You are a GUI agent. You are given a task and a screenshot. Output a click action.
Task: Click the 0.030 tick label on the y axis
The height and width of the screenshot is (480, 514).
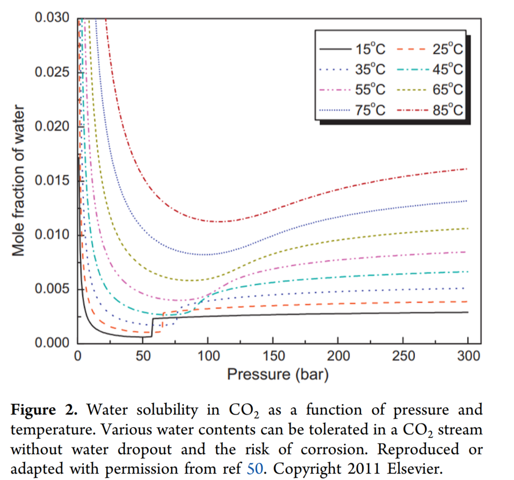coord(53,18)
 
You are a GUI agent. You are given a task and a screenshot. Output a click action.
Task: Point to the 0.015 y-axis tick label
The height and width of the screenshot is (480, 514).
coord(53,181)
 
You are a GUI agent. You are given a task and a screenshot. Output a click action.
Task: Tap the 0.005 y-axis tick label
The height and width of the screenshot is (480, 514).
coord(53,289)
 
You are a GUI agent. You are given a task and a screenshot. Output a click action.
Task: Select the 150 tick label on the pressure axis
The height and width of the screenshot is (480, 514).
coord(272,356)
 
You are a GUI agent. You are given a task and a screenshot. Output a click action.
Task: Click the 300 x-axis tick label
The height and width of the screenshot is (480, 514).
coord(468,356)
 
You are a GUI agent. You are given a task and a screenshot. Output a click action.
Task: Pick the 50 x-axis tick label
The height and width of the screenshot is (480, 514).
coord(142,356)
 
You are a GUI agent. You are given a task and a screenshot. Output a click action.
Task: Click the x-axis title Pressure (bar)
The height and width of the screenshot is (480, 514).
coord(278,374)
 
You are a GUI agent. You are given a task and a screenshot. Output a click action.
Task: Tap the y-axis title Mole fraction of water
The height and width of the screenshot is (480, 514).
coord(18,181)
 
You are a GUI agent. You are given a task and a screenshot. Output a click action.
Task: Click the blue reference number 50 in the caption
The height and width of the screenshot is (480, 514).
coord(254,468)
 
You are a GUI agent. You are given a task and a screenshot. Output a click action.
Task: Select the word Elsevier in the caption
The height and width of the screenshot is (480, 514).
coord(412,468)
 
